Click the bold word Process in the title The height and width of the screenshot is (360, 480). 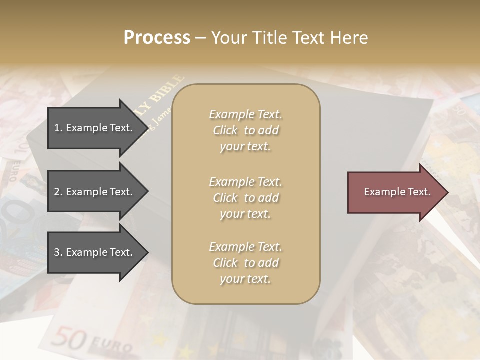pos(157,38)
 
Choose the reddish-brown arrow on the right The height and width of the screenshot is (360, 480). pos(395,192)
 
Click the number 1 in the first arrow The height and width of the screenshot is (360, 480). pos(56,128)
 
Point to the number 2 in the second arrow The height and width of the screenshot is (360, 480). pos(57,192)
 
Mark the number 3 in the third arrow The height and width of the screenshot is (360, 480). pos(57,252)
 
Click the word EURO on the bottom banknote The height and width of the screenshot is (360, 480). pos(110,345)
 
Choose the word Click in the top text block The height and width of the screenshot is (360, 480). pos(225,131)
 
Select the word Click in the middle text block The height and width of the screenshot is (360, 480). pos(225,198)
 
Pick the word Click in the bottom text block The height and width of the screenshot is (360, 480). pos(225,263)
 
